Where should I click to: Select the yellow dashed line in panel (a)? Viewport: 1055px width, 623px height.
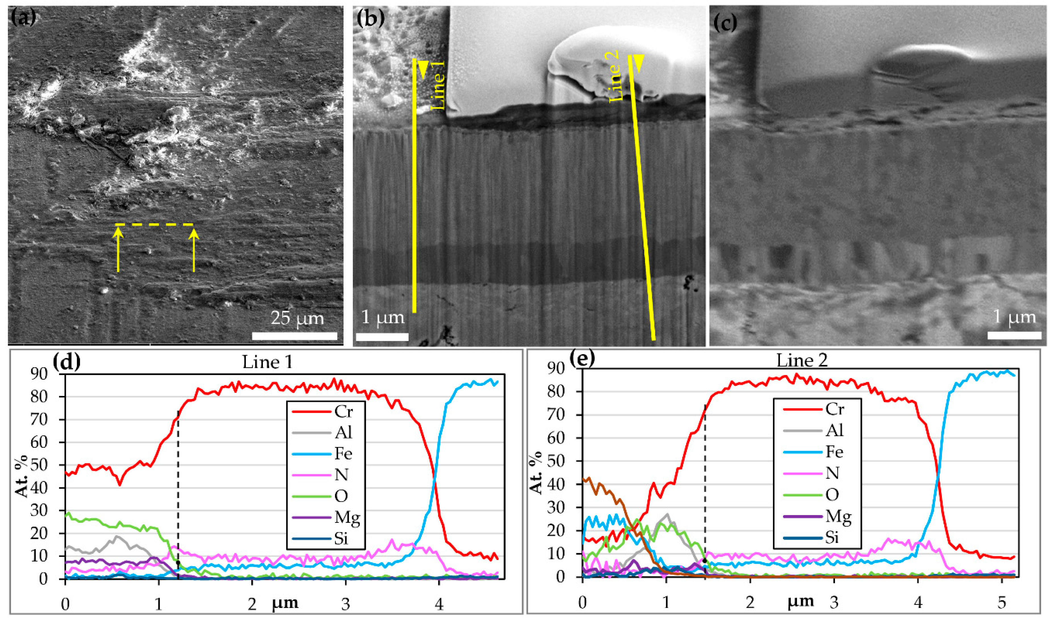point(154,225)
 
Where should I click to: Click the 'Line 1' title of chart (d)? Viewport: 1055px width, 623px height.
point(267,362)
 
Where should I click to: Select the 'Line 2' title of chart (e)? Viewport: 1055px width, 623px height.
point(802,360)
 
